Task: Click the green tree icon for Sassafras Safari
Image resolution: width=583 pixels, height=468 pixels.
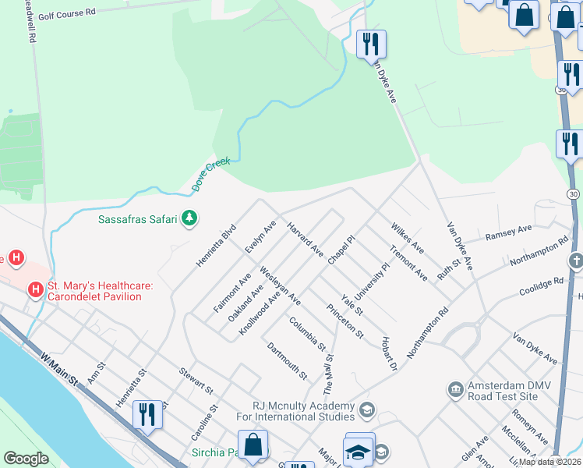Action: click(189, 219)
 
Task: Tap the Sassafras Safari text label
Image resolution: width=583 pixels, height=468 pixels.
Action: click(138, 219)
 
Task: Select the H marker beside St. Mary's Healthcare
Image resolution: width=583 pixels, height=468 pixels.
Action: click(35, 290)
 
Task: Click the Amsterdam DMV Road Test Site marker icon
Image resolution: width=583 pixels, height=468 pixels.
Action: click(455, 388)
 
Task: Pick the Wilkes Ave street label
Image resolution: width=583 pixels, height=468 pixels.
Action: click(407, 236)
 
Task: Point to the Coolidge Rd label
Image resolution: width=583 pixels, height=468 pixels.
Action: click(541, 286)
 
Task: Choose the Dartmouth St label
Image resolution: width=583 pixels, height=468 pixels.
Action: click(287, 361)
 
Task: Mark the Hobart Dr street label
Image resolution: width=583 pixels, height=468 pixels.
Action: click(390, 354)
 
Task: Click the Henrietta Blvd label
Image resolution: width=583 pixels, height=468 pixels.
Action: click(215, 246)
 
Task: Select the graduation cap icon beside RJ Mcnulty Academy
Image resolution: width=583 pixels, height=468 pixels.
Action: click(366, 409)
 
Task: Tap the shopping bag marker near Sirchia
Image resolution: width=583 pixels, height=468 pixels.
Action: click(253, 445)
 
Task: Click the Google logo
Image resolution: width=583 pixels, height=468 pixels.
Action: click(26, 459)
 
